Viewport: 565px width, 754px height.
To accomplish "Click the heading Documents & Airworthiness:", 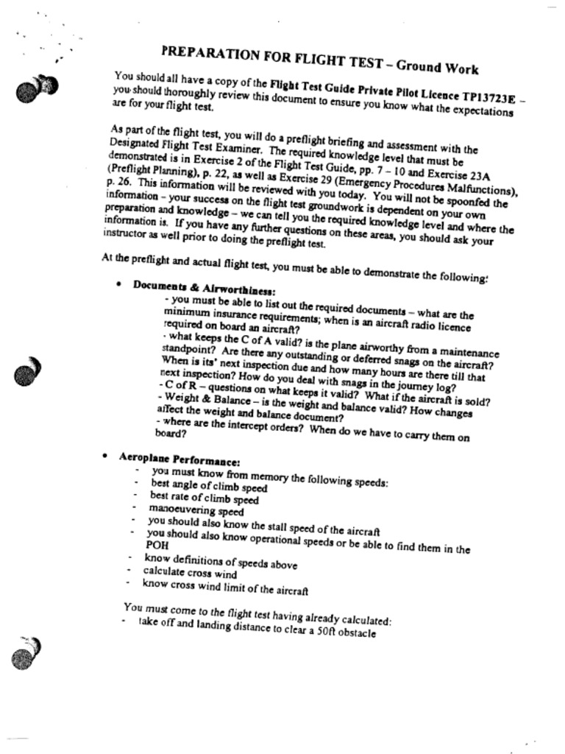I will point(204,287).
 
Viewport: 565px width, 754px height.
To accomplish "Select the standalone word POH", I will point(157,546).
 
